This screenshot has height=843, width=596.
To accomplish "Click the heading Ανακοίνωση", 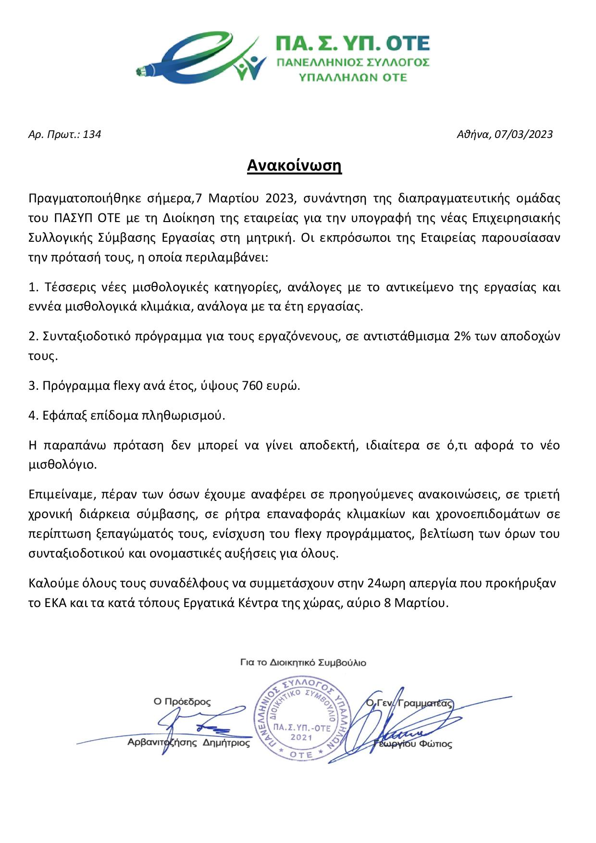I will point(294,165).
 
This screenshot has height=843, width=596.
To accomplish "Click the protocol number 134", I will point(92,135).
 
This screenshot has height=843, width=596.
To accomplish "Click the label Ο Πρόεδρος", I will point(182,702).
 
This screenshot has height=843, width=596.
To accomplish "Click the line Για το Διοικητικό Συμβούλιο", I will point(303,663).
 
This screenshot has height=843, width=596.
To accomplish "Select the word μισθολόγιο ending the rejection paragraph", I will point(62,465).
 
